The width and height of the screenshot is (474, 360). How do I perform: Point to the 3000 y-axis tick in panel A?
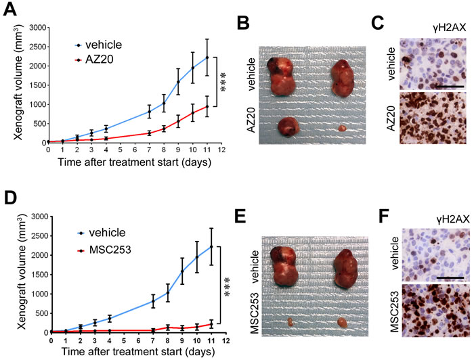[36, 28]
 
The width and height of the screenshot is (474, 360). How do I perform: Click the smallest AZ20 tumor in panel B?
[343, 145]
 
